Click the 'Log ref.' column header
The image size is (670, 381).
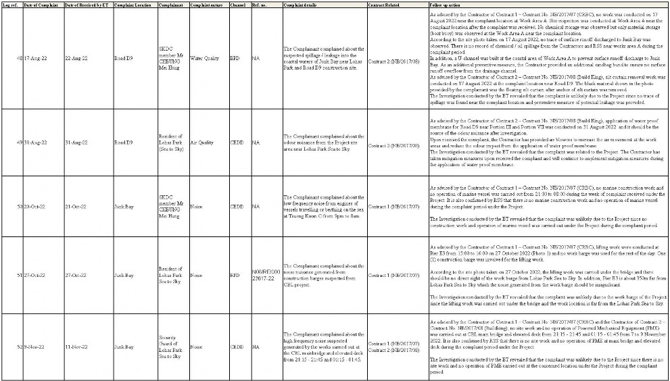pos(10,5)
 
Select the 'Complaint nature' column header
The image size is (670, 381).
pos(204,5)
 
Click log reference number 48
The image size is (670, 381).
pos(18,58)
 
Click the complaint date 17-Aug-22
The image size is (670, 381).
pos(37,58)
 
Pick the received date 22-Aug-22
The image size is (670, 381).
pos(76,58)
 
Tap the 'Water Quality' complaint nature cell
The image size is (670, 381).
pos(205,58)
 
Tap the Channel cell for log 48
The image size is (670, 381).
pos(235,58)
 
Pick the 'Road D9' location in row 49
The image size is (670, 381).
pos(124,143)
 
